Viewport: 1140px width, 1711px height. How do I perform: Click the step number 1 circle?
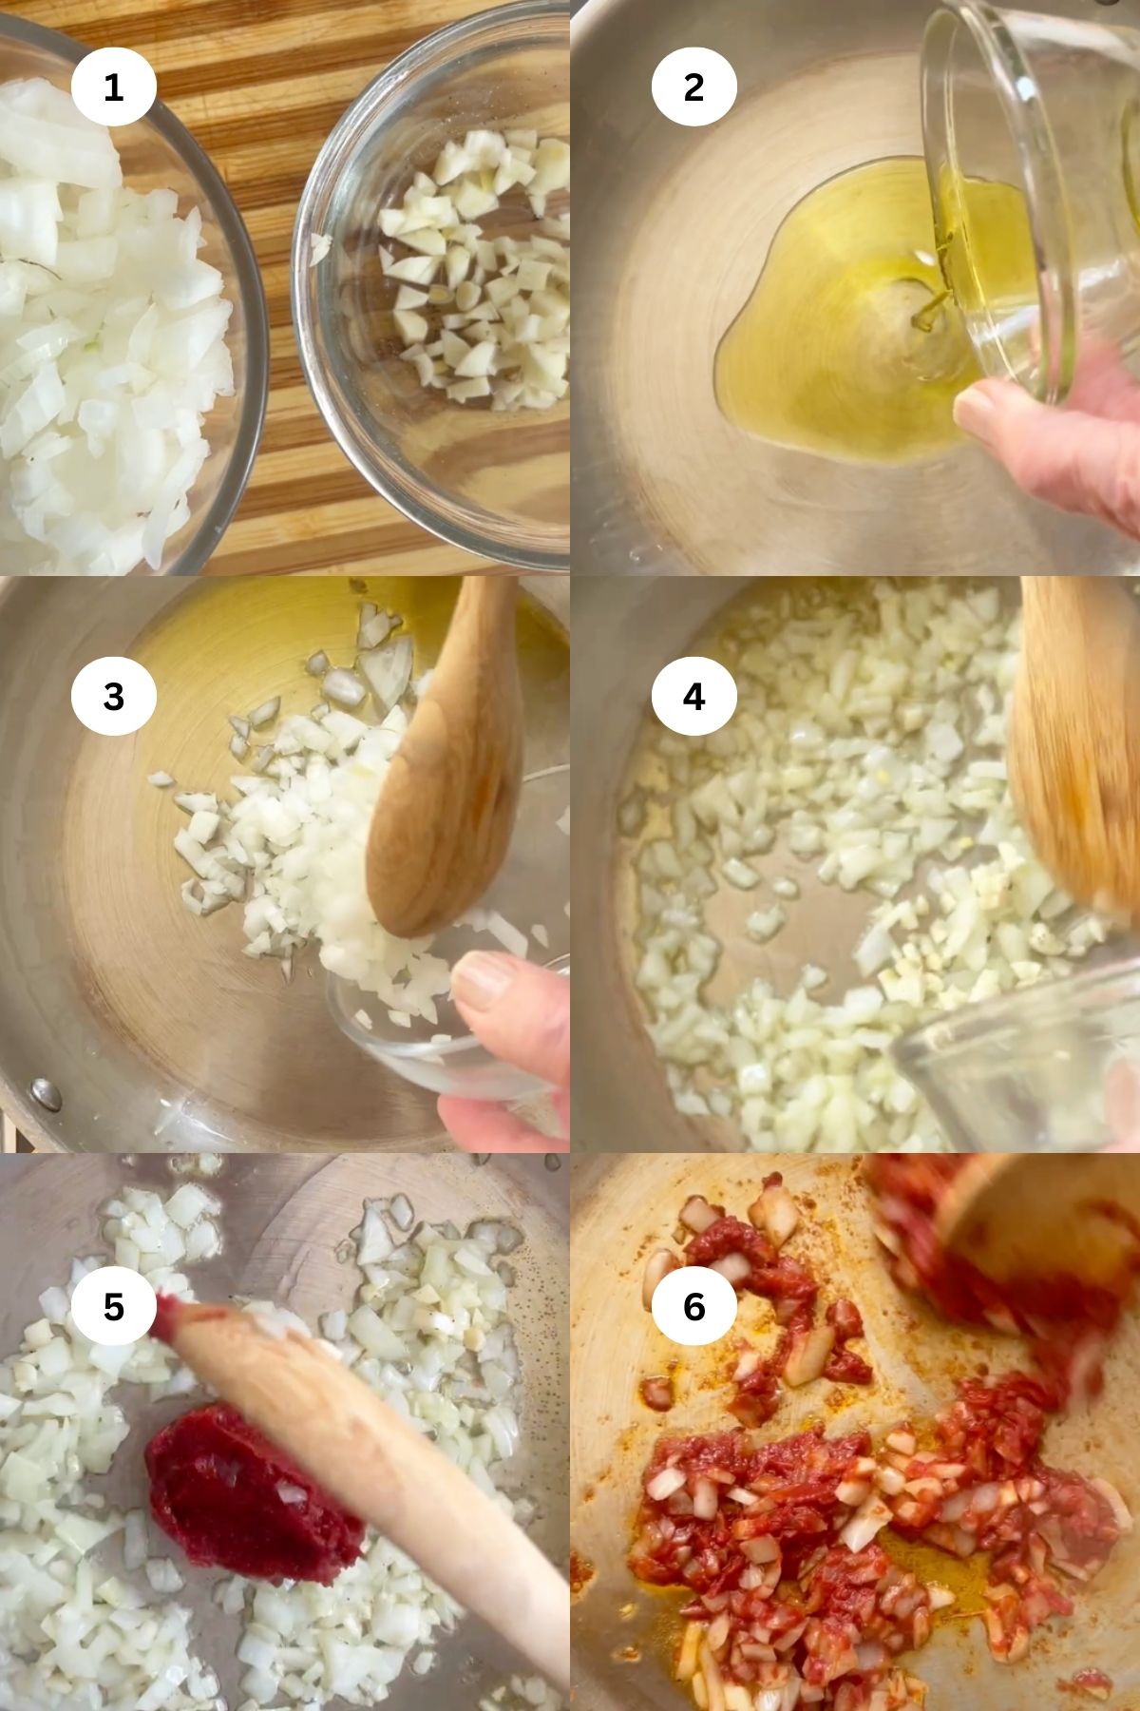[x=113, y=87]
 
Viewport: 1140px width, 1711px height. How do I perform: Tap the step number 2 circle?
[x=693, y=87]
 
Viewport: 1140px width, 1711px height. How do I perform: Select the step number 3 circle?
[x=113, y=696]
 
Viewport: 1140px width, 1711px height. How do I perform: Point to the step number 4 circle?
[x=693, y=696]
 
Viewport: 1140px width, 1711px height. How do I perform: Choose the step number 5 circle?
[x=113, y=1306]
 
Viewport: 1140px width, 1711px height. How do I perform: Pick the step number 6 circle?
[x=693, y=1306]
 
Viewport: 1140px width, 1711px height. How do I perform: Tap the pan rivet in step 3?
[x=44, y=1090]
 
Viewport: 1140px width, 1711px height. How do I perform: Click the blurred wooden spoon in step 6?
[x=1007, y=1245]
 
